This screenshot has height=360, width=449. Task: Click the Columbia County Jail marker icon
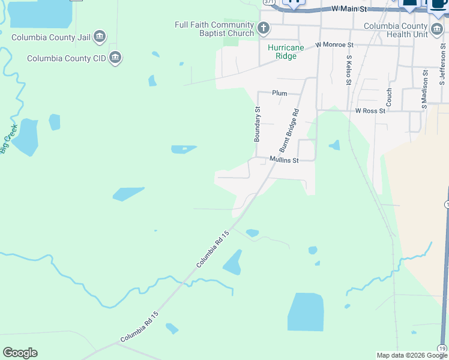(100, 37)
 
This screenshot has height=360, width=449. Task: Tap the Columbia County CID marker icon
(116, 58)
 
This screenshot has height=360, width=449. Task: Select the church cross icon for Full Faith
(263, 28)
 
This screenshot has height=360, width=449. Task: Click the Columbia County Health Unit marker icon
(437, 29)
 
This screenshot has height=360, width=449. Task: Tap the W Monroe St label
(335, 45)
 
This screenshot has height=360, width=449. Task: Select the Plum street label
(279, 93)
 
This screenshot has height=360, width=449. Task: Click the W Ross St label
(370, 111)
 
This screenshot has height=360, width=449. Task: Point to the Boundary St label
(257, 124)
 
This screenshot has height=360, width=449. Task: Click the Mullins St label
(284, 160)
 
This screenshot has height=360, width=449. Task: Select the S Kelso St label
(348, 70)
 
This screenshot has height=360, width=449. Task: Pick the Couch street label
(389, 98)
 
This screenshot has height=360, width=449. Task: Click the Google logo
(20, 353)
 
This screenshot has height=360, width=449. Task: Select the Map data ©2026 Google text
(412, 355)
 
